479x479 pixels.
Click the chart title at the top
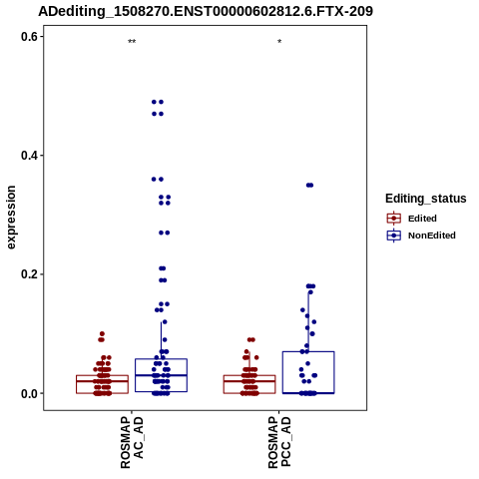point(206,11)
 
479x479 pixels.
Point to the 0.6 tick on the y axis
point(29,37)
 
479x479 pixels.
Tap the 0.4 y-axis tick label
point(29,156)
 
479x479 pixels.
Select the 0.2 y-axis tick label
point(29,274)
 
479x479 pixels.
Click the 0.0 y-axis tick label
point(29,393)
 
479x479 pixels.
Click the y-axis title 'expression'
point(11,218)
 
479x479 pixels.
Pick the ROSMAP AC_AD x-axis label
point(132,442)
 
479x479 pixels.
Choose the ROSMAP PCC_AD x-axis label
point(279,442)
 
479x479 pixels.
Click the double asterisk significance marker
point(132,42)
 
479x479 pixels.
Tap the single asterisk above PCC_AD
point(279,42)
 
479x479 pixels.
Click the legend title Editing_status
point(426,199)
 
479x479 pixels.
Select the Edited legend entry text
point(422,219)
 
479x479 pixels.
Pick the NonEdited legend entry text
point(432,236)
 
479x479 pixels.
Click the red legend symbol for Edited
point(394,219)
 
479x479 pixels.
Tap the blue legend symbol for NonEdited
point(394,236)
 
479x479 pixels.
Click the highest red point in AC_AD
point(102,333)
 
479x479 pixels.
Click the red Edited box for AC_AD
point(102,375)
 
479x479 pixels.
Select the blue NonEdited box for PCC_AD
point(308,351)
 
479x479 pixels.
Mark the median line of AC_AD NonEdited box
point(161,375)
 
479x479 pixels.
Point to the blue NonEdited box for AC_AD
point(161,359)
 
